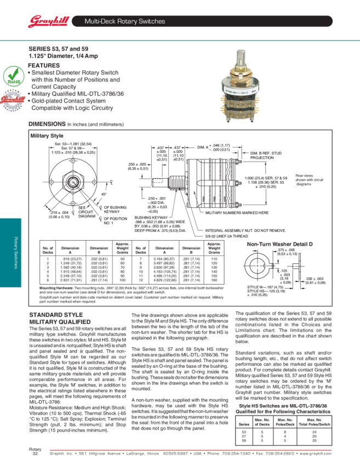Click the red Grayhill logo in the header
point(45,21)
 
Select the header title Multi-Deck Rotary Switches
point(124,22)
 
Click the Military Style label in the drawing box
point(47,135)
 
